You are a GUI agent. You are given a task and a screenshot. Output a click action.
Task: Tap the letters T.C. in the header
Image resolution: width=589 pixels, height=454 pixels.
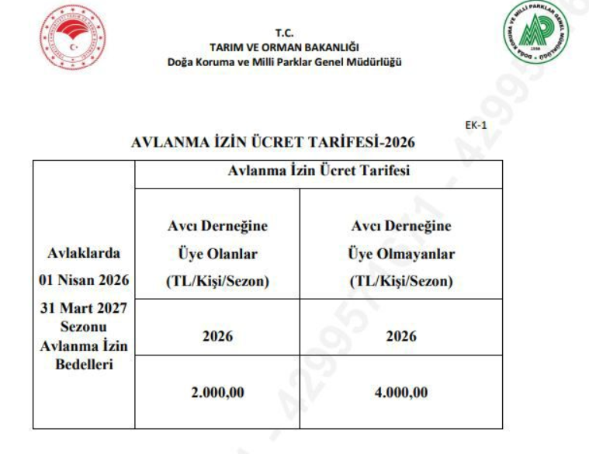click(285, 33)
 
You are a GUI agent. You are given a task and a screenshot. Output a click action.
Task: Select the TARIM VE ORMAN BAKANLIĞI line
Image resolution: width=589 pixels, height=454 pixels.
click(285, 47)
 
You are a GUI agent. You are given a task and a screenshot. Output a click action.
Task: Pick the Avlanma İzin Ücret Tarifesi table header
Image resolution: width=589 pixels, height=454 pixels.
click(318, 172)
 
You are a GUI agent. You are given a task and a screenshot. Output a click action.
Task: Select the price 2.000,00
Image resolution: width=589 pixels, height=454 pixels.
click(217, 393)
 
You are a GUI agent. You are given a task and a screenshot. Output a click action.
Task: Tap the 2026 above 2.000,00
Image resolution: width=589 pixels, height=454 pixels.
click(217, 337)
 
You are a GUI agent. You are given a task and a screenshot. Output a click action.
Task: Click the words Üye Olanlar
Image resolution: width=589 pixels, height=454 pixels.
click(217, 254)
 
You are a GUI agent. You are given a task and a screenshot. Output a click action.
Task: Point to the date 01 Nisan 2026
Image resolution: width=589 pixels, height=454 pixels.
click(83, 280)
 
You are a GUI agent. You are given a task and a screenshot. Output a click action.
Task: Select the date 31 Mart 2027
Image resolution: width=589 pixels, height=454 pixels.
click(83, 308)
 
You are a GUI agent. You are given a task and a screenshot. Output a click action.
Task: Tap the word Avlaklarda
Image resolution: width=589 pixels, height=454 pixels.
click(83, 253)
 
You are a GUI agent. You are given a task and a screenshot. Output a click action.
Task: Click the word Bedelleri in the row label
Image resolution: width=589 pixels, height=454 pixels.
click(83, 365)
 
